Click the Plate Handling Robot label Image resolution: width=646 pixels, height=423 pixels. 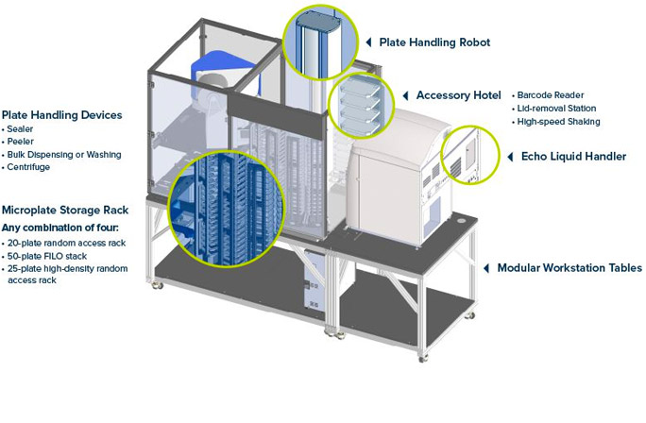pyautogui.click(x=434, y=42)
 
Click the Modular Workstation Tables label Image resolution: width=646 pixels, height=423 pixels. pyautogui.click(x=569, y=268)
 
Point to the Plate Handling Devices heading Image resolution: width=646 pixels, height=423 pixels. pyautogui.click(x=62, y=115)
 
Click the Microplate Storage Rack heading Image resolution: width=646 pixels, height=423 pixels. pyautogui.click(x=65, y=210)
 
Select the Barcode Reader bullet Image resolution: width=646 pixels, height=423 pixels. pyautogui.click(x=552, y=94)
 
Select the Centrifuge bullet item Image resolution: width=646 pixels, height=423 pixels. pyautogui.click(x=28, y=167)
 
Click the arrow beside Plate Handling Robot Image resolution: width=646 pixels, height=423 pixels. pyautogui.click(x=367, y=42)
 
